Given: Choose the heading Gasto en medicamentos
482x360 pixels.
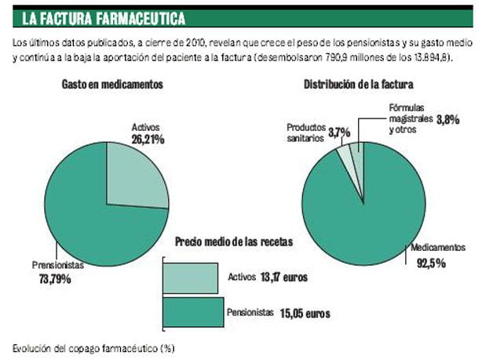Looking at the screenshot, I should point(112,85).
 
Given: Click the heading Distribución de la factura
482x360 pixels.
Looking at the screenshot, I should point(359,85).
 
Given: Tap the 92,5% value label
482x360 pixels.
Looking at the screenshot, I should point(432,262).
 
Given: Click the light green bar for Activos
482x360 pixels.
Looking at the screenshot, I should point(190,278).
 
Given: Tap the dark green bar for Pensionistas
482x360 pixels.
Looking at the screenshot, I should point(193,312).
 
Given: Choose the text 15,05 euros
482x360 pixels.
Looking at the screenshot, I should point(303,313).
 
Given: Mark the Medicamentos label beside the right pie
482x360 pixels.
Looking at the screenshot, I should point(431,248).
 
